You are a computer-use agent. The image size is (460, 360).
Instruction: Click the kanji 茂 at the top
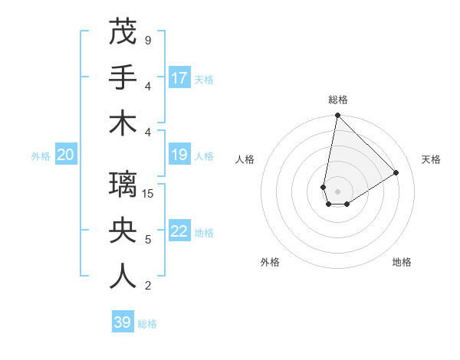123,31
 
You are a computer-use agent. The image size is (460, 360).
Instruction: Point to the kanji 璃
123,185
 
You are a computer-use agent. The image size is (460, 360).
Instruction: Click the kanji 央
123,231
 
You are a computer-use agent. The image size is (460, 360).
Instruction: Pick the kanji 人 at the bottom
123,277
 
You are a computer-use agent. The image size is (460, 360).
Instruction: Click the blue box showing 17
179,78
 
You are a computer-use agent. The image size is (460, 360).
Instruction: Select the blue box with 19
179,155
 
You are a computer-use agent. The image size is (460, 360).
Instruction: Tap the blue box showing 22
179,232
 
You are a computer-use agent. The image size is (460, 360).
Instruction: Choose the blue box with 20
65,155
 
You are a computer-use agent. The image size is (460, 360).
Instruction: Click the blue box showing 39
122,322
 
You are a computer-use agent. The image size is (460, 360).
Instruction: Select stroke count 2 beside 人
148,286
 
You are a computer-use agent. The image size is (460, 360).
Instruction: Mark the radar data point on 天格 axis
396,172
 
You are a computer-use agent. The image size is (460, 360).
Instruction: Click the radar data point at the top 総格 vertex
337,116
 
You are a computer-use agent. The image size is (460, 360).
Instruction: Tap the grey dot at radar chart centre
337,191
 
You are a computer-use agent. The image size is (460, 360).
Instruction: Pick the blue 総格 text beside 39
147,323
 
